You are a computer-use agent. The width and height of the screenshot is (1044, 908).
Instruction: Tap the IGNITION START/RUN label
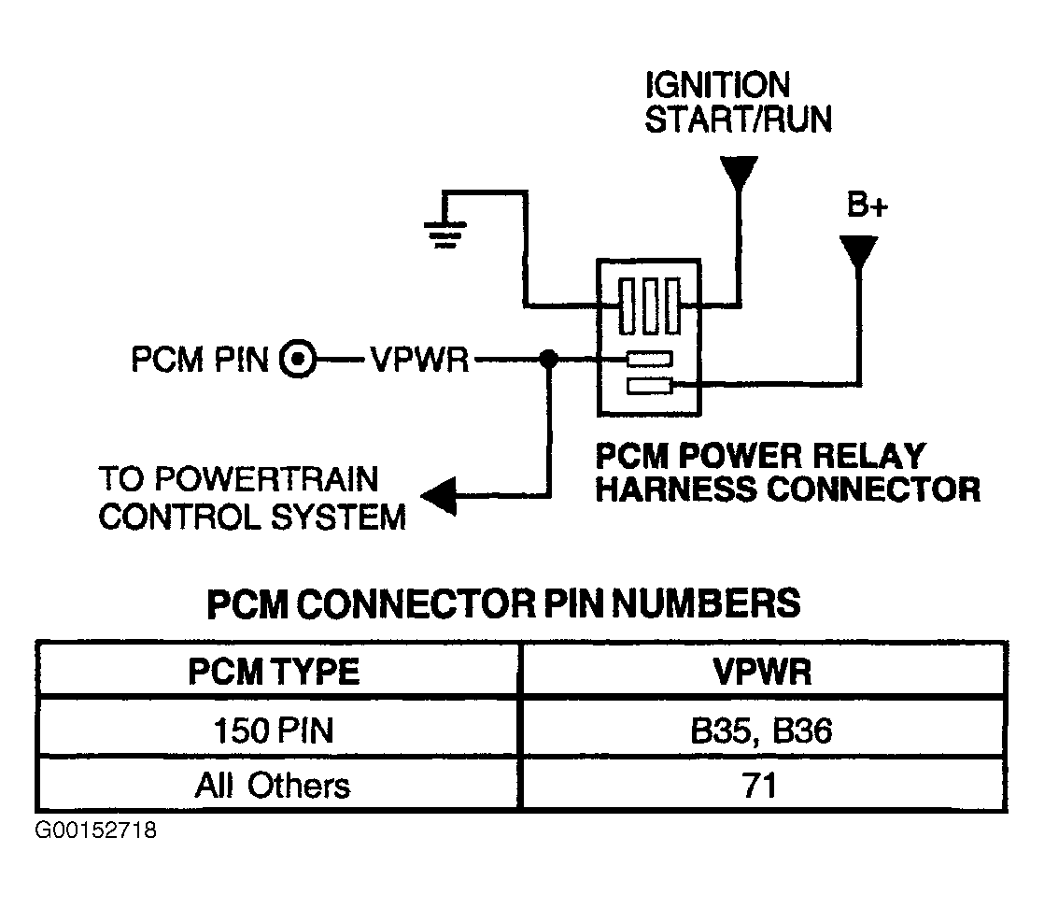click(739, 103)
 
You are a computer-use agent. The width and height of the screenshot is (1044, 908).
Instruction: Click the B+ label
click(867, 205)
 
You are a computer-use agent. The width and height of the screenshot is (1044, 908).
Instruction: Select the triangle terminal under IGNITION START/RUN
click(739, 173)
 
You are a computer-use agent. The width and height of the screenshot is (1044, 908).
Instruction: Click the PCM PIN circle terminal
click(298, 360)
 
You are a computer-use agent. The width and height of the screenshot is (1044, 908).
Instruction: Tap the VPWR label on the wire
click(419, 361)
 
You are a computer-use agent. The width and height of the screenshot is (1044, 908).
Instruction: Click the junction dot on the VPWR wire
click(548, 360)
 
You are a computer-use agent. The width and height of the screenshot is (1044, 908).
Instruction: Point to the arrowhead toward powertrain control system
click(439, 496)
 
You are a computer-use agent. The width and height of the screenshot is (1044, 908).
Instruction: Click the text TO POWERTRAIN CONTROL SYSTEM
click(252, 498)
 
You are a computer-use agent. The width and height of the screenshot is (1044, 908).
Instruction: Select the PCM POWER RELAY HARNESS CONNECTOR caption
click(787, 473)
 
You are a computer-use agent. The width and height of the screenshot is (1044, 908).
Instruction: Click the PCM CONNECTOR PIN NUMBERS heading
click(504, 603)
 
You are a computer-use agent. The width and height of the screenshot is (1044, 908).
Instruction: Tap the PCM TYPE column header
click(274, 671)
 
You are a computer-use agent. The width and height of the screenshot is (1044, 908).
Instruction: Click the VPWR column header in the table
click(762, 671)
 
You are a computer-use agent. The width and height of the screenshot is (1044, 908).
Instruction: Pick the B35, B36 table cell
click(761, 731)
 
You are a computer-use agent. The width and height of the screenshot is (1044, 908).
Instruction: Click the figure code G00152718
click(96, 830)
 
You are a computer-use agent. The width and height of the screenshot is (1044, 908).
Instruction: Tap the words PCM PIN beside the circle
click(200, 360)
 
